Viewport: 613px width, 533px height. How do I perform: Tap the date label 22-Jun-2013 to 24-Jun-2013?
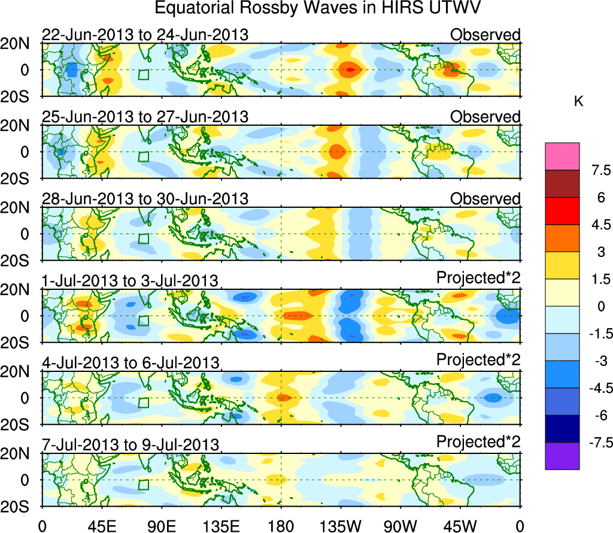(145, 35)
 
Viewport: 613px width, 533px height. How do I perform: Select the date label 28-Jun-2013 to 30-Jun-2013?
(145, 199)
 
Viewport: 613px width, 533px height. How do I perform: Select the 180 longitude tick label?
(281, 525)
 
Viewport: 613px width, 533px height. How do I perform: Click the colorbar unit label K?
(578, 102)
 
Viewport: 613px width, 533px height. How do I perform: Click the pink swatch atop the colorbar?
(562, 156)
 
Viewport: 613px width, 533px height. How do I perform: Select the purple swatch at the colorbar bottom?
(562, 456)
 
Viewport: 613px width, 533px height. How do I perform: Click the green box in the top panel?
(143, 74)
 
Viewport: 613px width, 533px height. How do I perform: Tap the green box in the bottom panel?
(143, 484)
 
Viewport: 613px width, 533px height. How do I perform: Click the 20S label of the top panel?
(19, 97)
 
